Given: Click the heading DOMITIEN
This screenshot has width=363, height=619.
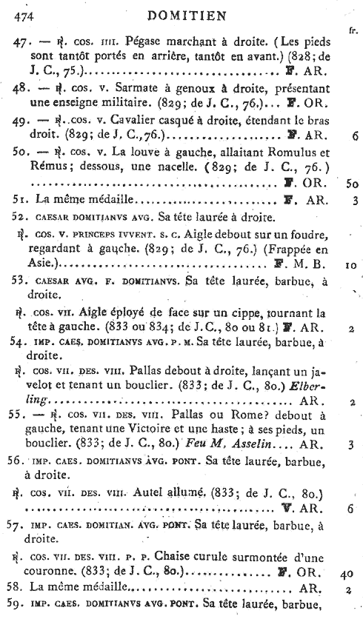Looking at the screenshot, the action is point(181,13).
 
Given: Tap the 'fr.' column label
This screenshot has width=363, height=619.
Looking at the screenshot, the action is point(350,30).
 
